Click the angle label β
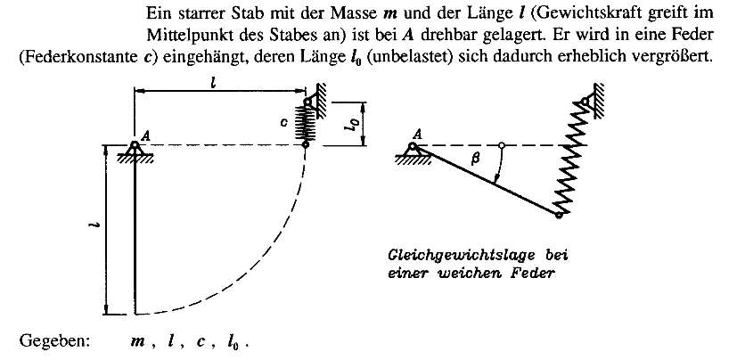pyautogui.click(x=475, y=160)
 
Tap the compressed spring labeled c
pyautogui.click(x=306, y=123)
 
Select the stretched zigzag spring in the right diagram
pyautogui.click(x=570, y=159)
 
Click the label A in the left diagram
pyautogui.click(x=145, y=135)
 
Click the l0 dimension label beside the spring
pyautogui.click(x=356, y=125)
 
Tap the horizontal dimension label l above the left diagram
pyautogui.click(x=213, y=83)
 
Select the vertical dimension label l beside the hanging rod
pyautogui.click(x=93, y=226)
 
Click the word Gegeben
pyautogui.click(x=54, y=341)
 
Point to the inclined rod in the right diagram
pyautogui.click(x=487, y=181)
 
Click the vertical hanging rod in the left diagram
pyautogui.click(x=135, y=231)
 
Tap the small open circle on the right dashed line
pyautogui.click(x=502, y=145)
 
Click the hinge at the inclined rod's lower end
pyautogui.click(x=559, y=216)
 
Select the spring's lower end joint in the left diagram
pyautogui.click(x=306, y=144)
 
